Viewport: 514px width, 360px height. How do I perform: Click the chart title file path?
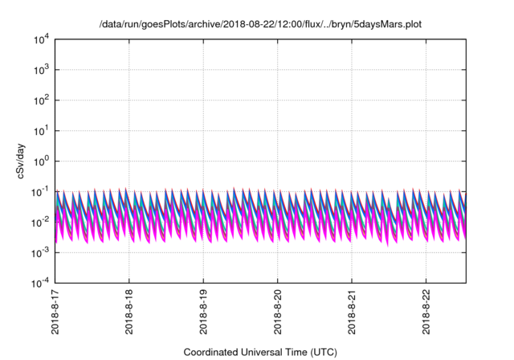pyautogui.click(x=260, y=24)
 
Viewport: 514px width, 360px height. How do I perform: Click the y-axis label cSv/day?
pyautogui.click(x=21, y=161)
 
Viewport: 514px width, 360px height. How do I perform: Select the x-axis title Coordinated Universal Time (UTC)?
pyautogui.click(x=260, y=352)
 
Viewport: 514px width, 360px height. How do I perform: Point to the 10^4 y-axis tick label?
pyautogui.click(x=41, y=39)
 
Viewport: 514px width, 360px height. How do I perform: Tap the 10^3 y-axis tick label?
pyautogui.click(x=41, y=70)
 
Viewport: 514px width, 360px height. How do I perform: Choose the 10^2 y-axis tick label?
pyautogui.click(x=41, y=100)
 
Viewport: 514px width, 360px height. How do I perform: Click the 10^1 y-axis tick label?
pyautogui.click(x=41, y=131)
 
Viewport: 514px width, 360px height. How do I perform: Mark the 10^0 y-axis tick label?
pyautogui.click(x=41, y=162)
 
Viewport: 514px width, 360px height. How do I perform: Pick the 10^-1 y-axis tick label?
pyautogui.click(x=40, y=192)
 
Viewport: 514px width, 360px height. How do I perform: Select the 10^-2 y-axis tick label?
pyautogui.click(x=40, y=223)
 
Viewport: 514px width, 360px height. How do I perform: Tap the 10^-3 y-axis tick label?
pyautogui.click(x=40, y=253)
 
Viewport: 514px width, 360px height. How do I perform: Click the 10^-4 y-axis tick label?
pyautogui.click(x=40, y=283)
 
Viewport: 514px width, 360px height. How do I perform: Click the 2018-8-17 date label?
pyautogui.click(x=55, y=312)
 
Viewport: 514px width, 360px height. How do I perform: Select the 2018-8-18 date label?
pyautogui.click(x=129, y=312)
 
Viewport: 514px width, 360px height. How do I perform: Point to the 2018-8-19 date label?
pyautogui.click(x=203, y=312)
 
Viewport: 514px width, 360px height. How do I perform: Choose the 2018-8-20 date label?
pyautogui.click(x=278, y=312)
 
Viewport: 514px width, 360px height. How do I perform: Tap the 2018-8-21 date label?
pyautogui.click(x=352, y=312)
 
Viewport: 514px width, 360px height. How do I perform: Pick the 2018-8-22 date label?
pyautogui.click(x=426, y=312)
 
